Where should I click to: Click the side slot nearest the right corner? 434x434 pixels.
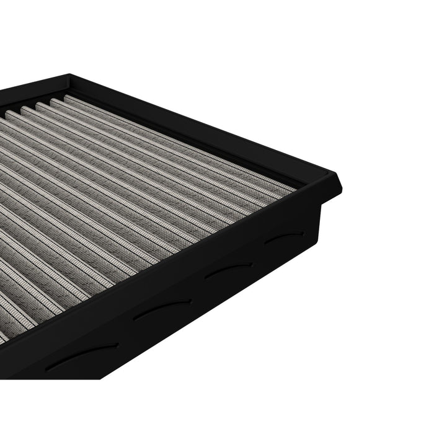pyautogui.click(x=284, y=237)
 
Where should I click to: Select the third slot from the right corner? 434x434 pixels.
pyautogui.click(x=164, y=307)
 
